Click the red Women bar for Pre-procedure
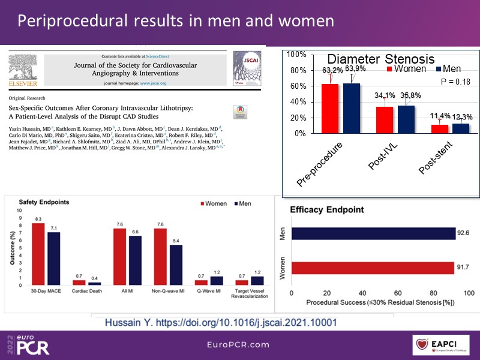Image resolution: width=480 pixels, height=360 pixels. pos(330,109)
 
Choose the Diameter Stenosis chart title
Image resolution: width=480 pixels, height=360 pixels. pos(380,59)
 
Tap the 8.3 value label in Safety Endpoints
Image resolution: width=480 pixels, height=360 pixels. pos(38,220)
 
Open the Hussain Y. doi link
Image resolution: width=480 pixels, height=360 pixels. pos(221,322)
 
